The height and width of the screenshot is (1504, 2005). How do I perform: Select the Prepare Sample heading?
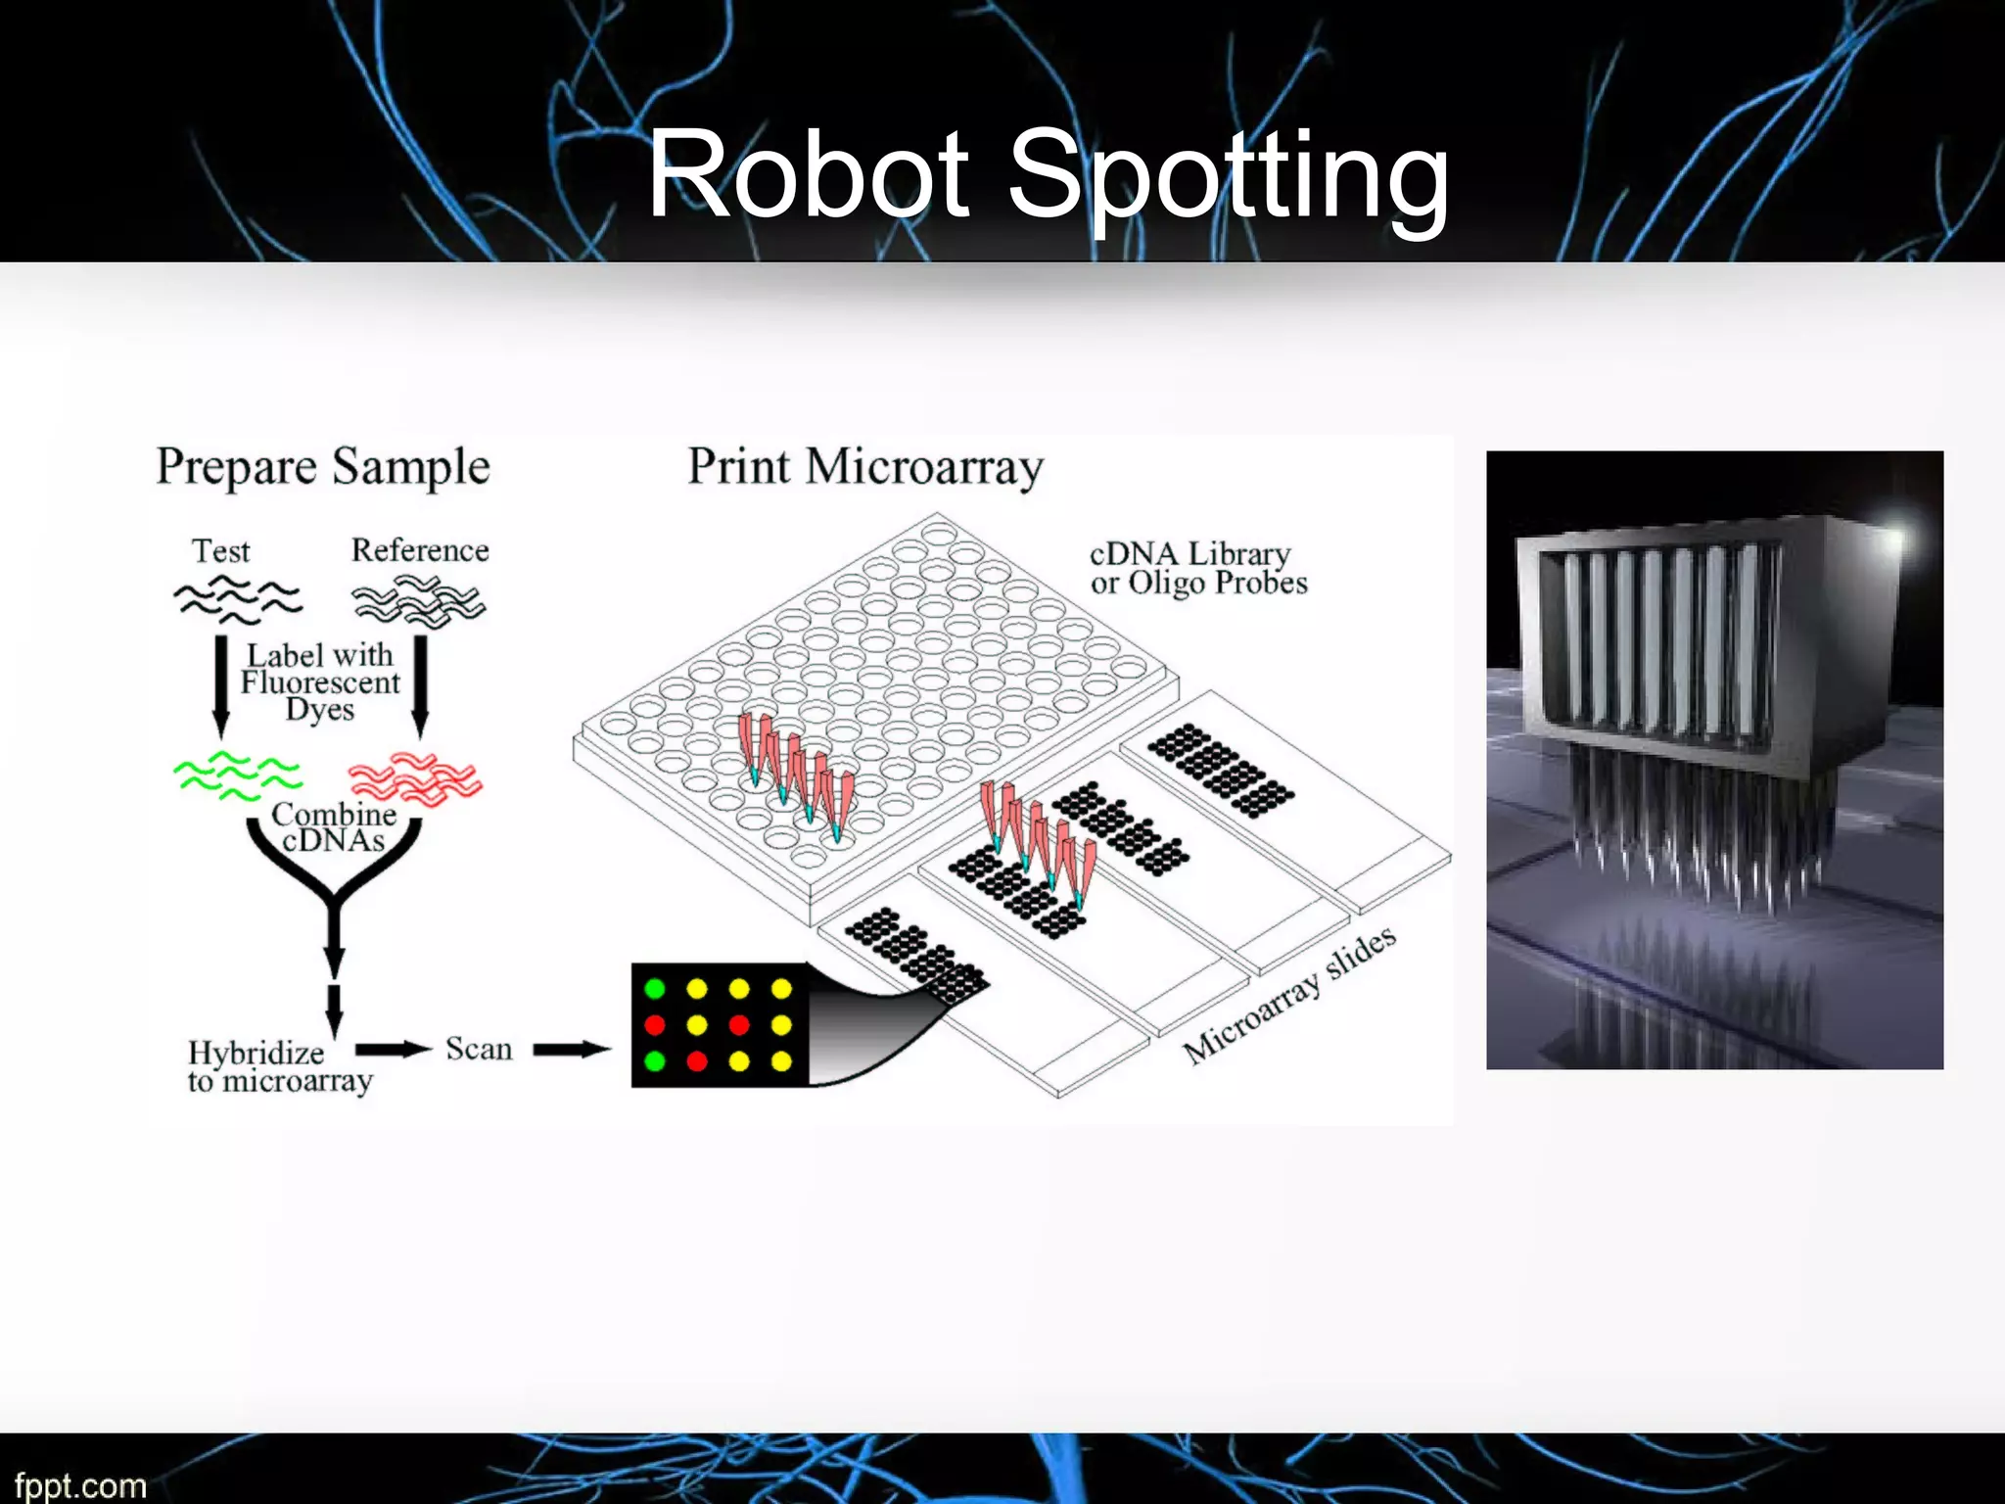(x=323, y=467)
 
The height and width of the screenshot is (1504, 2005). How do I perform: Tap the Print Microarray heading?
(x=865, y=467)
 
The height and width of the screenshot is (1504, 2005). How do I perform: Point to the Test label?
(x=221, y=551)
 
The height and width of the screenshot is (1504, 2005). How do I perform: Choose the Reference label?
(x=420, y=550)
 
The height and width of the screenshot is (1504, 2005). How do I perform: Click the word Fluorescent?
(x=320, y=681)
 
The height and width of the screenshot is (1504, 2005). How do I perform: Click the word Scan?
(x=479, y=1049)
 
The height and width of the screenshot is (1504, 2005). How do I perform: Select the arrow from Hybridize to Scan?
(x=393, y=1050)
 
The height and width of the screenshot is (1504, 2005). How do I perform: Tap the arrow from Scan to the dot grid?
(x=572, y=1050)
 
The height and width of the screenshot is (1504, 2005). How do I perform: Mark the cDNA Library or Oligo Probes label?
(x=1198, y=568)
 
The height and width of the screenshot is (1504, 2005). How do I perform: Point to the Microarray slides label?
(x=1289, y=995)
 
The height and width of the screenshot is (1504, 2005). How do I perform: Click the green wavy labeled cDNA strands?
(x=237, y=775)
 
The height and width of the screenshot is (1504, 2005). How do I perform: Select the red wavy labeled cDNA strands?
(x=416, y=779)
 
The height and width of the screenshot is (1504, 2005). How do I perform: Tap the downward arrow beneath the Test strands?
(x=221, y=686)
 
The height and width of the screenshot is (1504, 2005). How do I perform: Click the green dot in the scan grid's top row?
(x=655, y=989)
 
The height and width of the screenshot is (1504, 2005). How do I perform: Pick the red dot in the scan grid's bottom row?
(x=697, y=1061)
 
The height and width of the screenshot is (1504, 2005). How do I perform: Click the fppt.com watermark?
(x=80, y=1484)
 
